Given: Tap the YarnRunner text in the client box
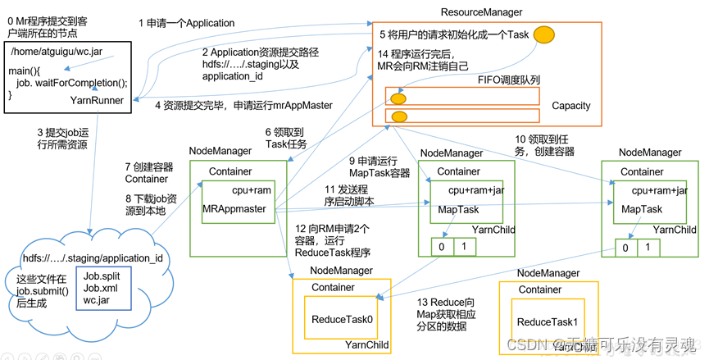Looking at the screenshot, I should [x=97, y=101].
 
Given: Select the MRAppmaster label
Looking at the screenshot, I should [x=234, y=209].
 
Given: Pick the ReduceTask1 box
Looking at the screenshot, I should [x=547, y=322].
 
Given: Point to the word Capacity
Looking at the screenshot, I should [x=571, y=107].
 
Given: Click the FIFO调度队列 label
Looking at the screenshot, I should [x=509, y=80].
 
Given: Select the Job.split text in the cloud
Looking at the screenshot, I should [x=102, y=276].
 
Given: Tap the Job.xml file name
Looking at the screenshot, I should [x=100, y=289].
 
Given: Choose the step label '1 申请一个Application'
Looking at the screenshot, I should [x=186, y=23].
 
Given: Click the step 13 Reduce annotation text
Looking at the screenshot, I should [x=448, y=314].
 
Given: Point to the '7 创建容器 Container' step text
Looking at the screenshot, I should [x=148, y=172].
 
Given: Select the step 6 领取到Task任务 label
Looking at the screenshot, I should [x=286, y=137].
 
